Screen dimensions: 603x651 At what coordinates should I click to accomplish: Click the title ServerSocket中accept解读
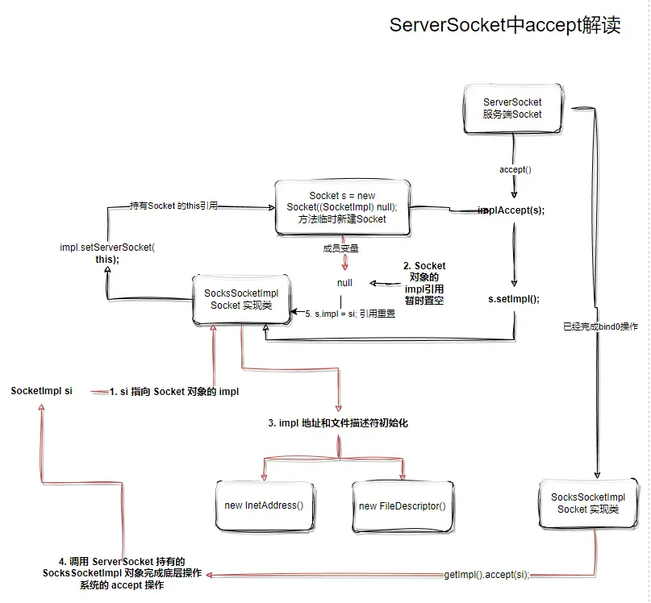coord(505,25)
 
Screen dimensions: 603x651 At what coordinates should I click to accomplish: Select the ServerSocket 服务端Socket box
coord(512,109)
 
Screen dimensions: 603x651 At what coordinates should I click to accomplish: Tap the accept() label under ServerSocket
coord(515,170)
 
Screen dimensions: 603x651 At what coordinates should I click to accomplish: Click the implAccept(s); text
coord(512,210)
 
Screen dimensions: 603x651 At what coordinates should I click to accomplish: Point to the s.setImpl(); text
coord(514,298)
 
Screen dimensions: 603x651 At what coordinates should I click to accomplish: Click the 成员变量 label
coord(340,248)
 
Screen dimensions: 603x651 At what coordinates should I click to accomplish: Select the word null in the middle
coord(344,283)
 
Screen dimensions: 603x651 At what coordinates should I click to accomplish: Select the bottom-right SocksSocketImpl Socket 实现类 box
coord(587,503)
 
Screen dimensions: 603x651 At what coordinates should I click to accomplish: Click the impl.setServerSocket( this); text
coord(106,253)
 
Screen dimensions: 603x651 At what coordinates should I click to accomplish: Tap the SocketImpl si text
coord(41,391)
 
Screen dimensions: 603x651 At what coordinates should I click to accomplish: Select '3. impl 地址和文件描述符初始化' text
coord(338,422)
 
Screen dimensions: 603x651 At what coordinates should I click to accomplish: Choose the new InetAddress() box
coord(263,505)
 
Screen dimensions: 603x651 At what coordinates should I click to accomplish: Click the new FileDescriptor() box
coord(402,505)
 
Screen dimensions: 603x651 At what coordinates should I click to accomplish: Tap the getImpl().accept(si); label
coord(486,575)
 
